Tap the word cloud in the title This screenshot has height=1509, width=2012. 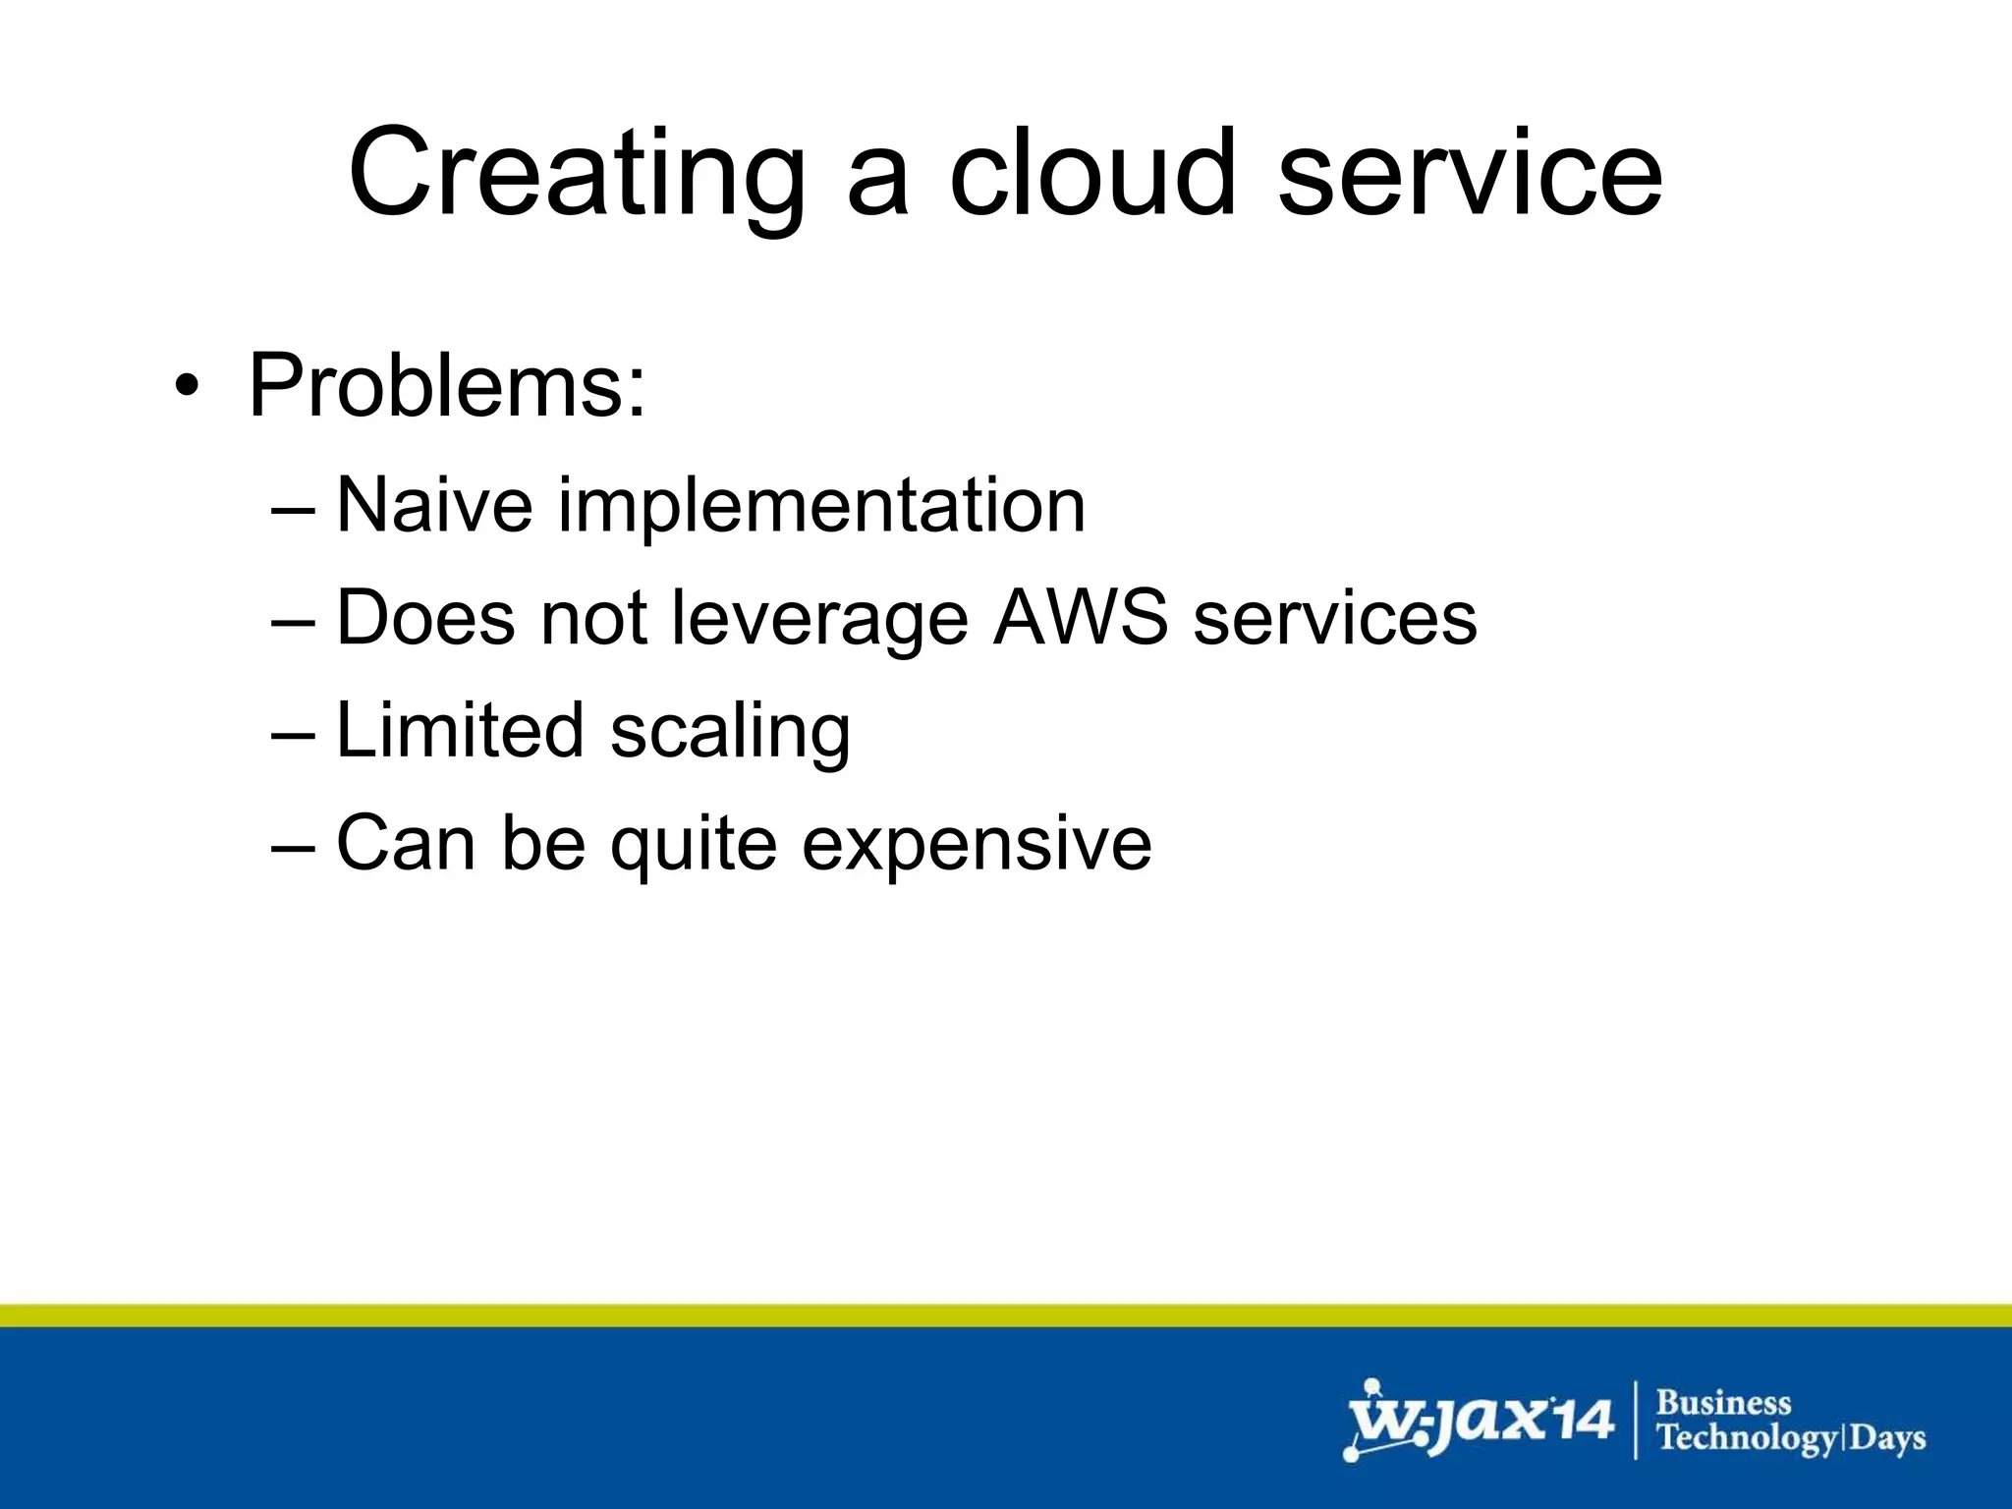pyautogui.click(x=1090, y=174)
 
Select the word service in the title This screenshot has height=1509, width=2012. pyautogui.click(x=1470, y=174)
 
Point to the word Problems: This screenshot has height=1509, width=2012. pyautogui.click(x=447, y=386)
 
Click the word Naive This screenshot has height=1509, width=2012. pyautogui.click(x=434, y=505)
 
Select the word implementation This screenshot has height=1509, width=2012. pyautogui.click(x=822, y=505)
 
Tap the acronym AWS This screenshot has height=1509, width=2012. pyautogui.click(x=1081, y=618)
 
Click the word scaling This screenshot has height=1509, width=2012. pyautogui.click(x=730, y=733)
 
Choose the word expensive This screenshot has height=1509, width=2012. pyautogui.click(x=977, y=845)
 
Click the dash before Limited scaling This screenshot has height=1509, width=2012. pyautogui.click(x=294, y=733)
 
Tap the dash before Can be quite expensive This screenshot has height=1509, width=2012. pyautogui.click(x=294, y=845)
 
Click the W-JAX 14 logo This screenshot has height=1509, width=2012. pyautogui.click(x=1479, y=1421)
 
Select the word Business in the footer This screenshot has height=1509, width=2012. pyautogui.click(x=1724, y=1403)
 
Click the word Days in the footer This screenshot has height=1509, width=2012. pyautogui.click(x=1888, y=1439)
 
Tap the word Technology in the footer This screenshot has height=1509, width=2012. pyautogui.click(x=1746, y=1439)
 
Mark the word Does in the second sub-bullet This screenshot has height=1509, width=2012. pyautogui.click(x=425, y=618)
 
